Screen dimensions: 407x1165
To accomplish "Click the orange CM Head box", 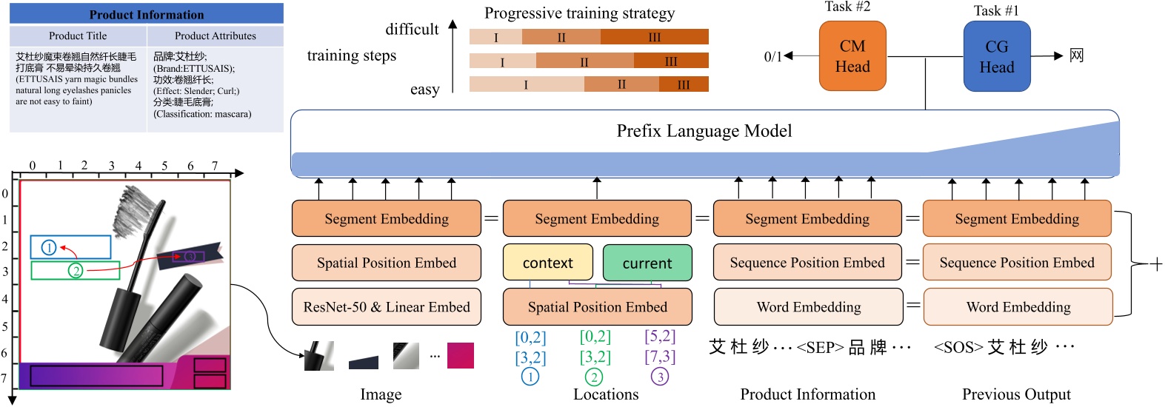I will [x=852, y=56].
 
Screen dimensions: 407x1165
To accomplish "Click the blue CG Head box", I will [x=996, y=57].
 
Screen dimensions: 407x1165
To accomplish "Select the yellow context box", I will [x=547, y=263].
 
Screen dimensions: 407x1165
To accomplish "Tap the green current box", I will [x=647, y=263].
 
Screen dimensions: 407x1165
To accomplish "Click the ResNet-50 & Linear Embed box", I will [x=387, y=307].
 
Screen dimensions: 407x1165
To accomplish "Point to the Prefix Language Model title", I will [x=704, y=131].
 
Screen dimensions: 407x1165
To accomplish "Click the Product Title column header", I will [x=78, y=36].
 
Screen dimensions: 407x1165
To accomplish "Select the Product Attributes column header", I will [x=215, y=36].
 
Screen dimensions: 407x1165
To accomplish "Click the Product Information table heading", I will [x=146, y=14].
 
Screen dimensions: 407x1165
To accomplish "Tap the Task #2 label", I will [x=847, y=7].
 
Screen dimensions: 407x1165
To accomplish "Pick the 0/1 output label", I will [x=772, y=56].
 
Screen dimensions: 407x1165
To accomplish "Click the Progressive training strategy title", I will [x=579, y=13].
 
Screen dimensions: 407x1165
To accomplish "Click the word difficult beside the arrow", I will [x=412, y=30].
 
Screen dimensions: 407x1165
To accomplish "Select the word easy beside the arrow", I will [x=424, y=90].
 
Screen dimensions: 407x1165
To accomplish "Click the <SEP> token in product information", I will [x=820, y=347].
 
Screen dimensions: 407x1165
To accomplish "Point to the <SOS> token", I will [x=958, y=347].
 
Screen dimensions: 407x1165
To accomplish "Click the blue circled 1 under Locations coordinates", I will [x=530, y=377].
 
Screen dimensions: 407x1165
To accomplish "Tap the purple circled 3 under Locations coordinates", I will [x=659, y=377].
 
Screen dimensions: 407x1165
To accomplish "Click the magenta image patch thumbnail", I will [x=460, y=355].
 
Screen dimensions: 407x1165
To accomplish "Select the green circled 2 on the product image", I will [x=76, y=271].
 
